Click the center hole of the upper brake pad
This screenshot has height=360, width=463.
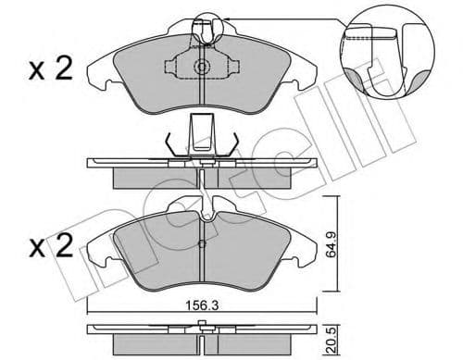201,68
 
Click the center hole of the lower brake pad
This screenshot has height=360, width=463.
201,246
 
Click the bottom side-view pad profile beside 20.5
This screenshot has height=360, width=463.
201,333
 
